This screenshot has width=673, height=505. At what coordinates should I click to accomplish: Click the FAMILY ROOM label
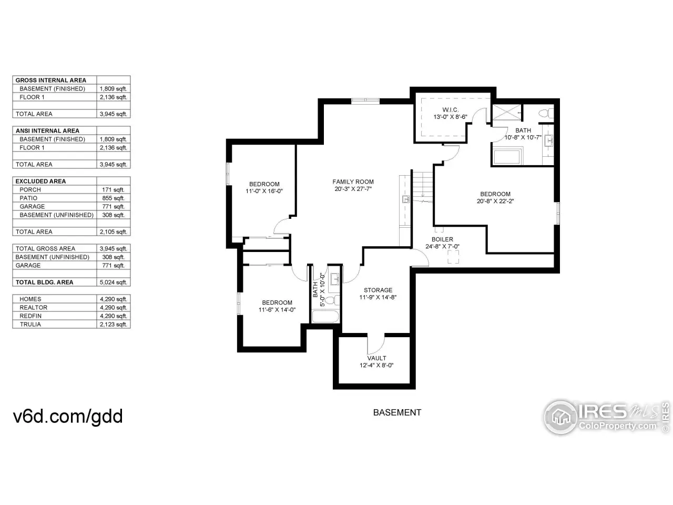coord(353,181)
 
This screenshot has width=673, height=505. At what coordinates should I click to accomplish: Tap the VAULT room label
coord(376,358)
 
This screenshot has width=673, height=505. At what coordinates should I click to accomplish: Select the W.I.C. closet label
coord(450,109)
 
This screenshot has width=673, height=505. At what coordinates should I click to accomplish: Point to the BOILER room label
coord(442,239)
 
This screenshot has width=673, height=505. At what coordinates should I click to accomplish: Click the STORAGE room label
coord(378,290)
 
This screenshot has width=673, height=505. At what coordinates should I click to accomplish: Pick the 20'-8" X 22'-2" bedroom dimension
coord(495,201)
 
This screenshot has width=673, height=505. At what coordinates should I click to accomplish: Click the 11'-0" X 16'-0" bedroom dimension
coord(264,191)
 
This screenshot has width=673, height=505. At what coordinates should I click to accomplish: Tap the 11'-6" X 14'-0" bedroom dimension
coord(277,310)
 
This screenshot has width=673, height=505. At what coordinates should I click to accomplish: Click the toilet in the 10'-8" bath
coord(546,113)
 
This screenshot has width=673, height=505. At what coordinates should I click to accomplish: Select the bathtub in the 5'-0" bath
coord(325,317)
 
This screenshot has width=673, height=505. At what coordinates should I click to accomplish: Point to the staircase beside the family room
coord(423,186)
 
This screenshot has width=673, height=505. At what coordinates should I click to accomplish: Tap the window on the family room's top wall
coord(365,99)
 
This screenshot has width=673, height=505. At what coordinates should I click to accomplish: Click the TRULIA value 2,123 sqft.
coord(113,325)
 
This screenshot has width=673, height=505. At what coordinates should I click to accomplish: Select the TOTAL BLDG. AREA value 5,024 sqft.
coord(113,282)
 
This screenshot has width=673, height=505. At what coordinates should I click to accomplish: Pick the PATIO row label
coord(28,198)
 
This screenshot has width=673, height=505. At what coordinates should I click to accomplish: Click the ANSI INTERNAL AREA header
coord(47,130)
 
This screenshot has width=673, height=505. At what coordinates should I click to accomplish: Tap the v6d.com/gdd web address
coord(68,417)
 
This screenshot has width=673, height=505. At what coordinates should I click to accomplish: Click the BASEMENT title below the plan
coord(397,412)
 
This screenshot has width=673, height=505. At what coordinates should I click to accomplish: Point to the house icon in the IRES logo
coord(561,417)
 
